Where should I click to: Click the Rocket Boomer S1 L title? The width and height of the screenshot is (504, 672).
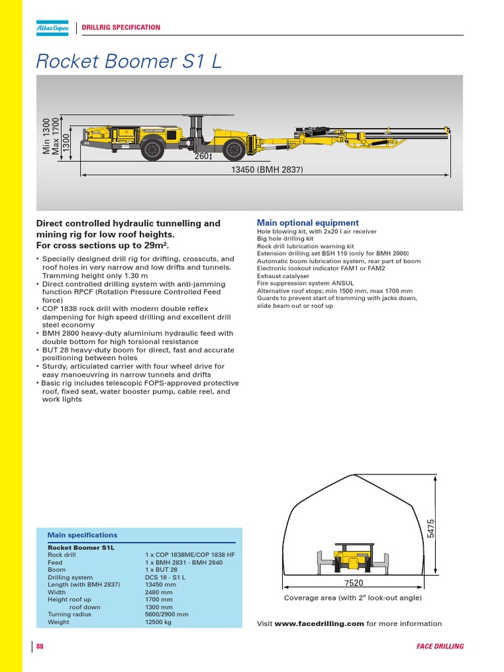click(x=129, y=61)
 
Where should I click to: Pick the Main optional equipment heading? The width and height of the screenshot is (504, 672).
click(x=307, y=223)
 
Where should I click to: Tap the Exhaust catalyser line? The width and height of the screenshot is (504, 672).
click(x=283, y=276)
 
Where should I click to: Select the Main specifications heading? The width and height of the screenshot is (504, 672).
click(x=82, y=535)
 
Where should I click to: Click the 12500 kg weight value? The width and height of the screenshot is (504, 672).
click(x=158, y=622)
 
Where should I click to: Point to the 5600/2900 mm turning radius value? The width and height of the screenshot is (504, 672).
click(x=167, y=615)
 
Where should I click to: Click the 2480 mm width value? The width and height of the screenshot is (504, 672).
click(x=159, y=592)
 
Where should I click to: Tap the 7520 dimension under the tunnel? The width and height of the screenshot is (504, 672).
click(x=353, y=583)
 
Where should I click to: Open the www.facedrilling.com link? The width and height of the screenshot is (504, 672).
click(x=319, y=624)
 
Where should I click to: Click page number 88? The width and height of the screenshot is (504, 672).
click(x=40, y=646)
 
